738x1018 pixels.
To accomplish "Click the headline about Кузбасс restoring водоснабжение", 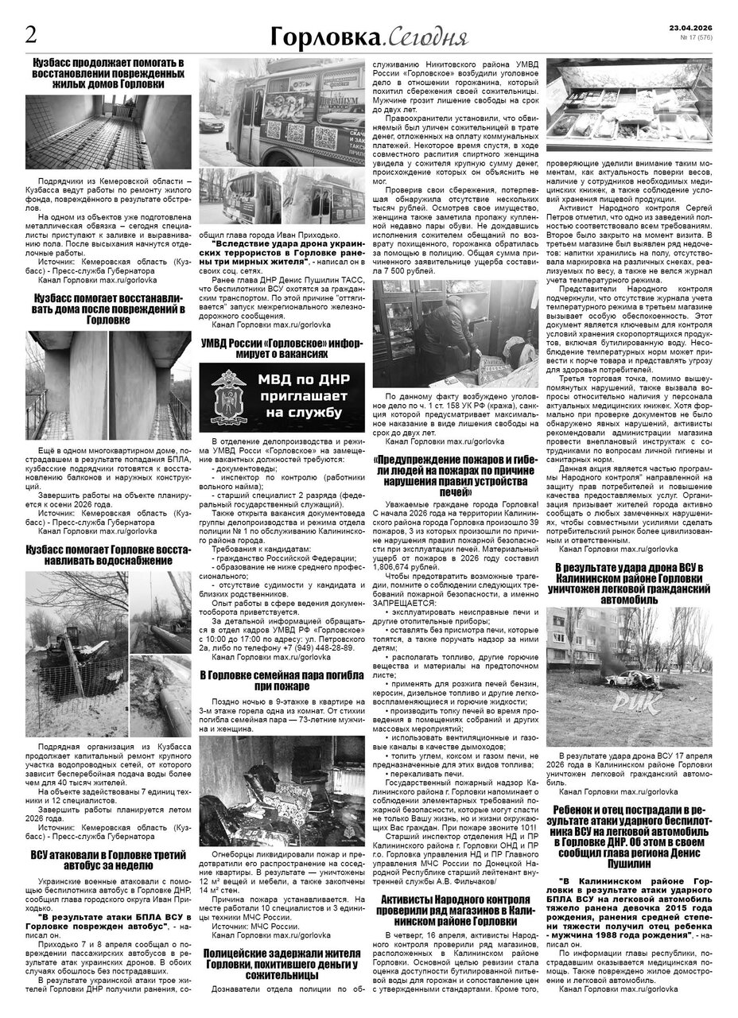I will tap(108, 554).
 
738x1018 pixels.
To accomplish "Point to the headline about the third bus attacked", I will tap(108, 861).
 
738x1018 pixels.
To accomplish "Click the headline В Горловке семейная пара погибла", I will tap(281, 680).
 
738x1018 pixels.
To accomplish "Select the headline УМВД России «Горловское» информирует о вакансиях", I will tap(281, 348).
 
